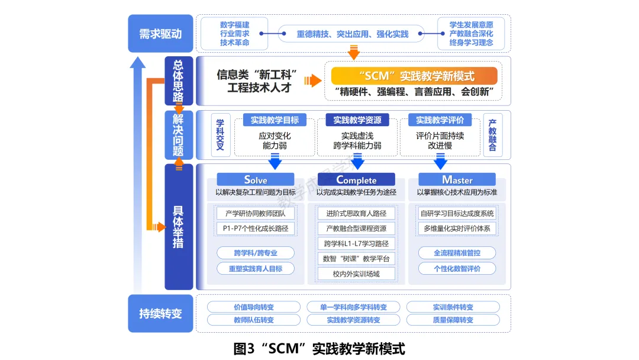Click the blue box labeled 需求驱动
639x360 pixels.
160,33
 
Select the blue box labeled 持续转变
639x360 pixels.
160,313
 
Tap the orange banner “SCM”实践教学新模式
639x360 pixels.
414,76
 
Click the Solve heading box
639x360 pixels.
256,179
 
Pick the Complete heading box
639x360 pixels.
356,179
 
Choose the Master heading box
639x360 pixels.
457,179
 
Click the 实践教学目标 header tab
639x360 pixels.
275,120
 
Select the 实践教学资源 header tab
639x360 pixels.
357,120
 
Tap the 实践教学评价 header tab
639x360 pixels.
440,120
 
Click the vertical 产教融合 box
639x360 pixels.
492,134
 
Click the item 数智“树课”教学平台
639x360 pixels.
356,259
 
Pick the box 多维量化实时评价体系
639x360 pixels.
457,229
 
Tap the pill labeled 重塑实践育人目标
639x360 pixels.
256,268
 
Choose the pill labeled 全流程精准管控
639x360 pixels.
457,253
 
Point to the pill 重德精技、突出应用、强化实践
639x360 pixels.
353,34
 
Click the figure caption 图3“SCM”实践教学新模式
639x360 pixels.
319,348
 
